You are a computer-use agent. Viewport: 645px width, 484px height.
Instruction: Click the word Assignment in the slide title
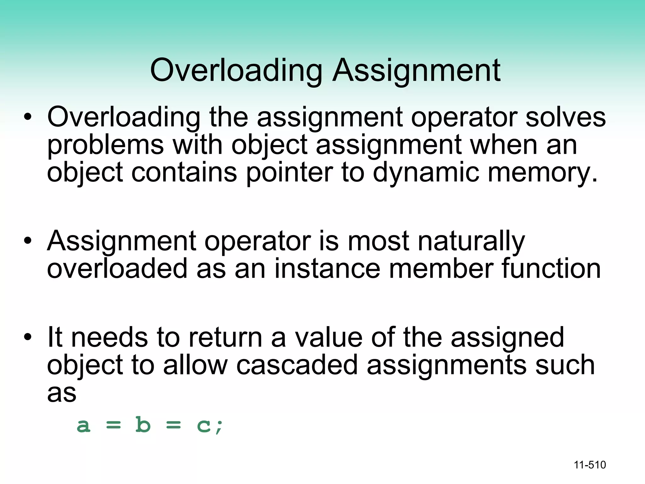pos(416,71)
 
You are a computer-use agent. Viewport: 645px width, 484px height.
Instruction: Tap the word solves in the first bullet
pos(566,117)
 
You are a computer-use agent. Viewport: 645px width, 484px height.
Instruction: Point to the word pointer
pos(289,173)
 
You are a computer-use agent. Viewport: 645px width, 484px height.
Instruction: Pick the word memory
pos(542,173)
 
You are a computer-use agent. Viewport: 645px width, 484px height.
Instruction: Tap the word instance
pos(327,269)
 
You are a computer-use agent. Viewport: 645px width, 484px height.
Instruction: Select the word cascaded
pos(297,365)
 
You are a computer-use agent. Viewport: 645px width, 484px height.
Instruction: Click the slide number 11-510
pos(590,465)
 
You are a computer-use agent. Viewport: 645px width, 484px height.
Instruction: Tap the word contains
pos(184,173)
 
